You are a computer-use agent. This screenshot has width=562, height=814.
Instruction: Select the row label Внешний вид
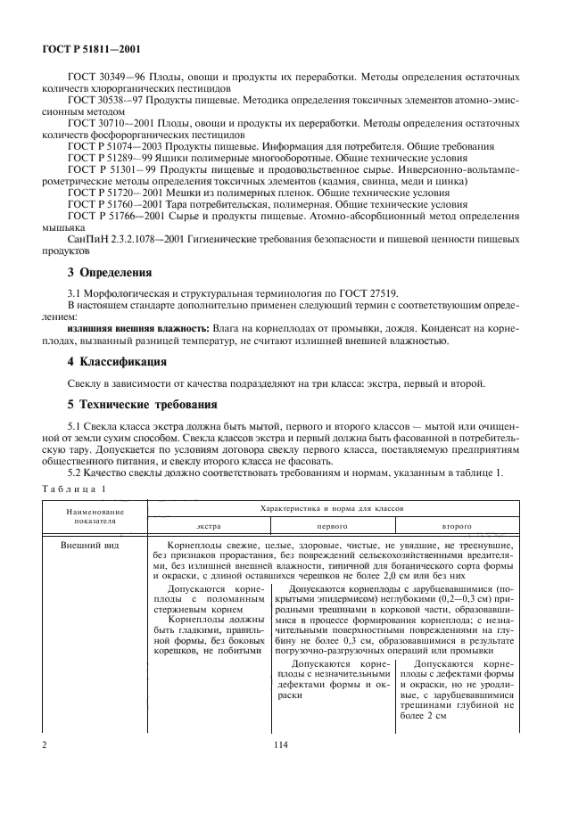pos(88,544)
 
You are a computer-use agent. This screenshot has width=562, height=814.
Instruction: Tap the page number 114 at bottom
pos(280,742)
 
